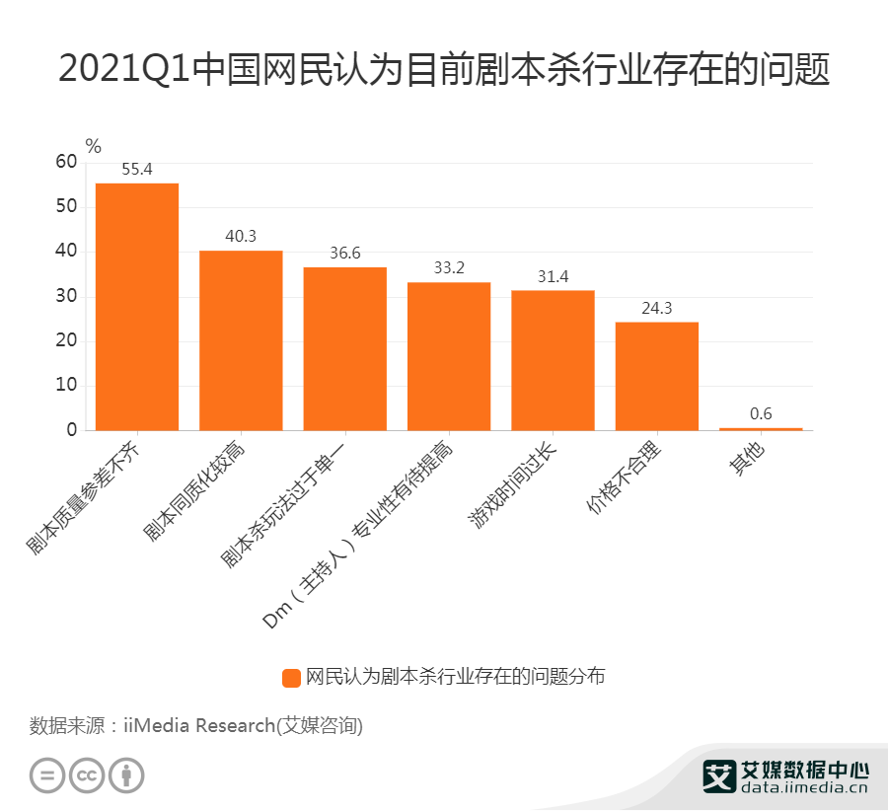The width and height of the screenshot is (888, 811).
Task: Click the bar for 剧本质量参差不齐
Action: click(137, 307)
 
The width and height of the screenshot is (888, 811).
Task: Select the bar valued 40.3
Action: click(241, 340)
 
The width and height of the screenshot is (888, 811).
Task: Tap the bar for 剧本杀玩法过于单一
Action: click(344, 348)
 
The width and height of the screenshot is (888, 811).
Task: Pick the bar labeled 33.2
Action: click(449, 356)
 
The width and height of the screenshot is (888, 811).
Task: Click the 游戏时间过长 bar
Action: click(553, 360)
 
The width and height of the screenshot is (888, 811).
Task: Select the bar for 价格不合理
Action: click(657, 376)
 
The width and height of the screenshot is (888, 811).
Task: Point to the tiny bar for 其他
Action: click(761, 428)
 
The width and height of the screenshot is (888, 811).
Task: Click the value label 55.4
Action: click(137, 169)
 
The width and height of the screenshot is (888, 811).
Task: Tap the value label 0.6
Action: click(761, 413)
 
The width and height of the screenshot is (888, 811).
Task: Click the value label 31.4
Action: click(553, 276)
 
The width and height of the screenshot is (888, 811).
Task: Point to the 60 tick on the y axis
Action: click(65, 162)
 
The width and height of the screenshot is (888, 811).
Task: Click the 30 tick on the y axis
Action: click(65, 297)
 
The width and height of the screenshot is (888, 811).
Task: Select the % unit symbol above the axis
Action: click(93, 146)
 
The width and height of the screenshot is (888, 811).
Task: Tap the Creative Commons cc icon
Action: click(87, 775)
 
